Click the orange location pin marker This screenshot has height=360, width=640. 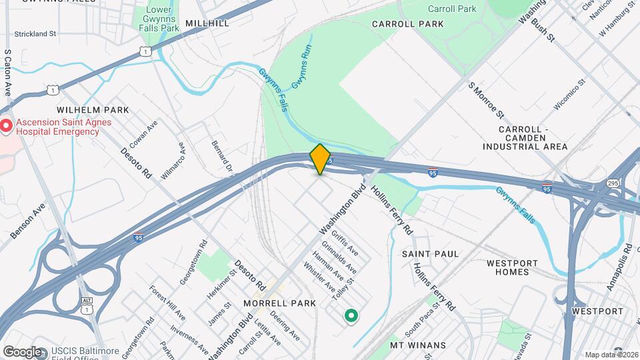320,159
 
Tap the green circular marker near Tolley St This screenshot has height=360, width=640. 350,315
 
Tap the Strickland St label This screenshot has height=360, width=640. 35,33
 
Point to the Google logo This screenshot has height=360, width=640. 21,351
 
